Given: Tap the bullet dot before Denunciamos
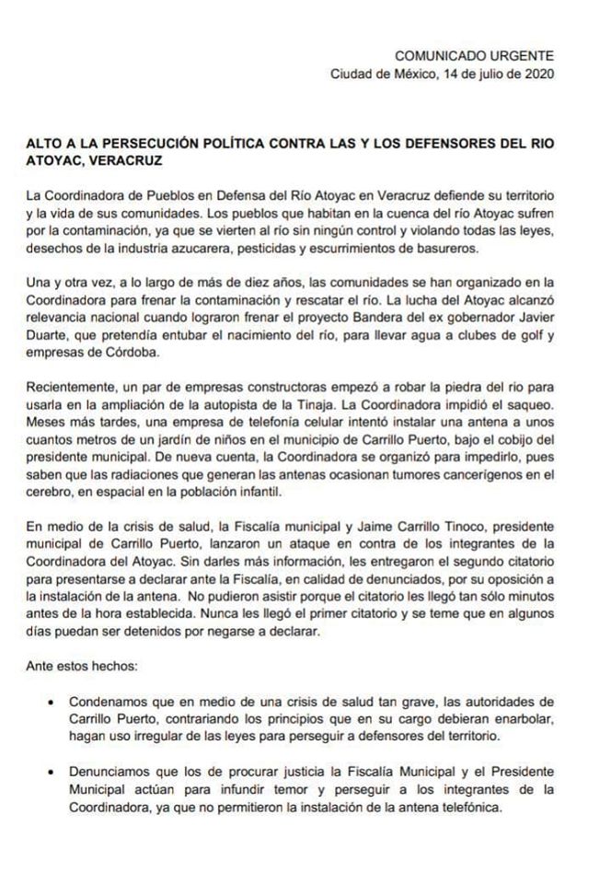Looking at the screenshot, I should click(48, 771).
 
